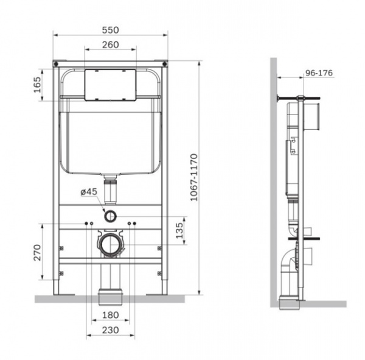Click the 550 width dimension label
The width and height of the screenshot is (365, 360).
110,30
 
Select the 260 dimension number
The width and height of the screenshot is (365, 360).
110,44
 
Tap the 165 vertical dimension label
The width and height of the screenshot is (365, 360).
37,85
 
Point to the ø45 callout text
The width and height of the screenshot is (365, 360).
89,192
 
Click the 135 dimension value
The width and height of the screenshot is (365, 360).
179,230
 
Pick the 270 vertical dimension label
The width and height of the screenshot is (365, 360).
37,252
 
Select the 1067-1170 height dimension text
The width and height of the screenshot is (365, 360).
193,177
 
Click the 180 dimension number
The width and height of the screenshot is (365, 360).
110,315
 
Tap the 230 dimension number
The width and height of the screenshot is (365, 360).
110,330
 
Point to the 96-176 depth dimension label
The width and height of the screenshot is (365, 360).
319,73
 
